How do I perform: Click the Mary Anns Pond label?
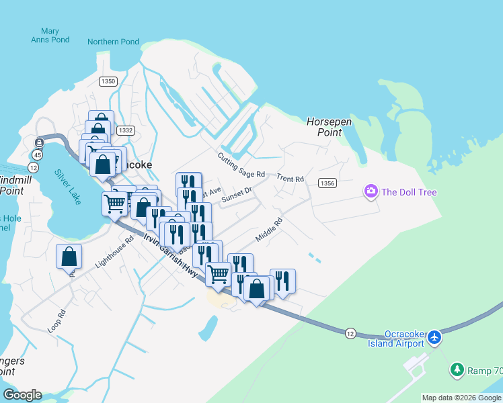point(50,36)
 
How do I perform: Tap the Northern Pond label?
point(113,42)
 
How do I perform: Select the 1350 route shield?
point(108,81)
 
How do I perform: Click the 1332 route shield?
point(124,130)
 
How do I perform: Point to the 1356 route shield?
point(327,183)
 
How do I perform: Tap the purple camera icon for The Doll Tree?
point(371,192)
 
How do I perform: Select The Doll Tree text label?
point(409,193)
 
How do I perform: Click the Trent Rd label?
point(291,179)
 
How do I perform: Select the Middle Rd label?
point(269,230)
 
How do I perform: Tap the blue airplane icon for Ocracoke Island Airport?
point(435,337)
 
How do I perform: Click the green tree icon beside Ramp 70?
point(457,369)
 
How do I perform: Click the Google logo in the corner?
point(22,395)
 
